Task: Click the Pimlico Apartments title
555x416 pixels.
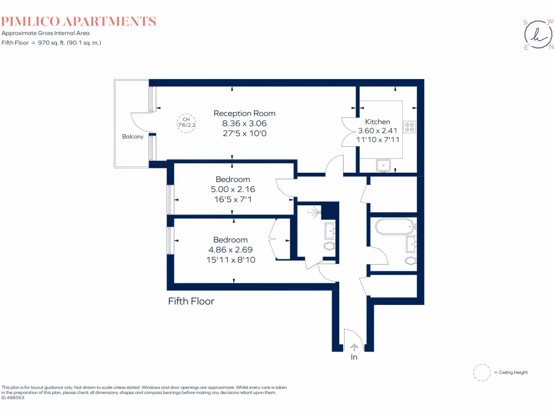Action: coord(79,22)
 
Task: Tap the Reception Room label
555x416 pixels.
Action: coord(244,113)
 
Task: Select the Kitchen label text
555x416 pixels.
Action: coord(377,122)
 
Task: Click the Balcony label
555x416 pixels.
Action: coord(133,137)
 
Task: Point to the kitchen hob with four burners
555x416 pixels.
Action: coord(410,127)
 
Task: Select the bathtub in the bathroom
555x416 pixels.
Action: coord(394,226)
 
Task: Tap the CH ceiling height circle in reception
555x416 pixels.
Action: coord(186,122)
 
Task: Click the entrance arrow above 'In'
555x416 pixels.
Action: coord(354,347)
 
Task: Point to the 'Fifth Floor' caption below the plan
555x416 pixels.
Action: coord(191,301)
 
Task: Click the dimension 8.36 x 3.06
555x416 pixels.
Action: coord(244,123)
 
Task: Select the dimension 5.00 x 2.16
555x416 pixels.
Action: coord(233,190)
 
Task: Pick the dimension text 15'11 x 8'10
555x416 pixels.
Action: coord(230,259)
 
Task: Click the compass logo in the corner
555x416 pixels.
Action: coord(538,35)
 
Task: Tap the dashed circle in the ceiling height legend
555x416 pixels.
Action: coord(481,373)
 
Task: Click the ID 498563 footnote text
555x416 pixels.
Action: coord(13,398)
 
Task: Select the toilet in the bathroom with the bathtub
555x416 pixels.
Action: coord(410,261)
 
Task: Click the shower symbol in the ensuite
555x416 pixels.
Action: coord(314,213)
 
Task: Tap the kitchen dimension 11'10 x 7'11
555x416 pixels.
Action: coord(377,140)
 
